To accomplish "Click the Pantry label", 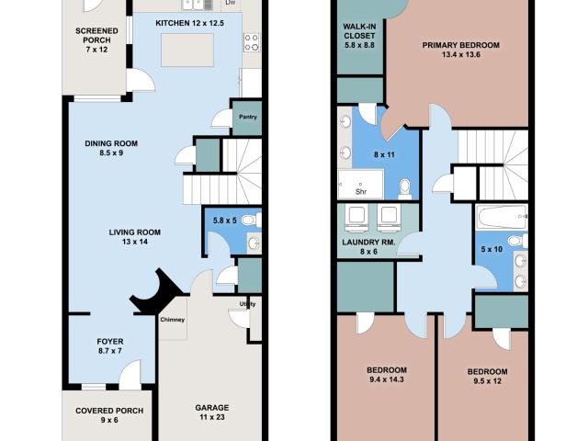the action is (x=248, y=117).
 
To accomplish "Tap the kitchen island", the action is (x=187, y=51).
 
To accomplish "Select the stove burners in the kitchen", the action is (x=252, y=42).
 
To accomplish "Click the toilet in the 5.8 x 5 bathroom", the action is (x=252, y=220).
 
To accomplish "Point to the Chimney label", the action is (x=173, y=320).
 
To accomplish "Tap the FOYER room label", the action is (x=110, y=342).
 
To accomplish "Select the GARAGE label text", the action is (x=212, y=408).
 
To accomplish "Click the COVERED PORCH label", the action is (x=109, y=411).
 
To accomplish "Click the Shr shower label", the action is (x=361, y=192).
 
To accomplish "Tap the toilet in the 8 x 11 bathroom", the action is (x=404, y=189).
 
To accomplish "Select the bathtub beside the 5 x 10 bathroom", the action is (x=502, y=217).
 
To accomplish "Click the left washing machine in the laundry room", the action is (x=356, y=219).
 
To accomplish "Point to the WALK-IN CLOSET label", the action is (x=359, y=31).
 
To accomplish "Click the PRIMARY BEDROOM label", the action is (x=461, y=45).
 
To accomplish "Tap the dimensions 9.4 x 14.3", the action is (x=387, y=379).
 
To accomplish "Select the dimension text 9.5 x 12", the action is (x=487, y=381).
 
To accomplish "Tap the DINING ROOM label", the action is (x=111, y=143).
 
